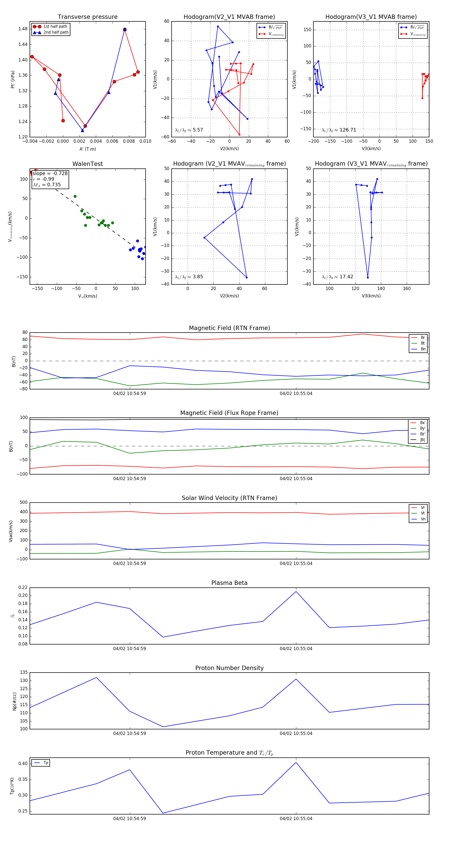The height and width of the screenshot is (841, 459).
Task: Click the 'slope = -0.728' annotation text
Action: [x=50, y=173]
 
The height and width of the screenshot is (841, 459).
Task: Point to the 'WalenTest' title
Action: [x=87, y=164]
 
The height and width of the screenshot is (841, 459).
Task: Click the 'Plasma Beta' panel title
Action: [x=229, y=583]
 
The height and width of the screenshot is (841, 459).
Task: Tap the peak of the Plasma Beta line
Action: [x=296, y=592]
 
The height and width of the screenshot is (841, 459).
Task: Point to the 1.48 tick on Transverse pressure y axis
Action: [x=23, y=29]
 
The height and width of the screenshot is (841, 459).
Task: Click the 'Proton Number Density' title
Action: [x=229, y=668]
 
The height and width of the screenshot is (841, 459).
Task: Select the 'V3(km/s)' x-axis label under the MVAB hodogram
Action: [x=371, y=149]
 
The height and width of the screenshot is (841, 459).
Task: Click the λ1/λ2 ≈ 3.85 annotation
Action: [x=189, y=277]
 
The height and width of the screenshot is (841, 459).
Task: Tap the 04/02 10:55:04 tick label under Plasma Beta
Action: [x=296, y=649]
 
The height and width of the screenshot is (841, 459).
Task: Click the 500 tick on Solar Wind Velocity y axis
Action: [x=23, y=503]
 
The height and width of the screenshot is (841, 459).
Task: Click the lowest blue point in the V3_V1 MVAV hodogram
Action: [x=368, y=278]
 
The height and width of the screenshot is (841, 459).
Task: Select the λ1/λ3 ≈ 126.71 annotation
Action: [x=339, y=130]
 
